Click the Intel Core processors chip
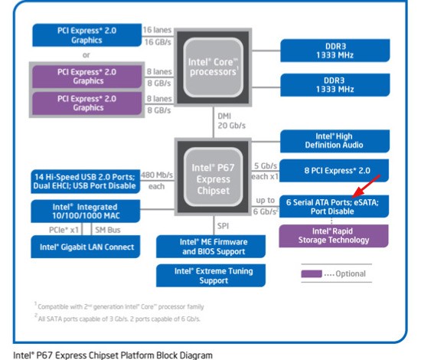pos(214,67)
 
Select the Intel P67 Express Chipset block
pos(214,177)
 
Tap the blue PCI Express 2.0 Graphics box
pos(87,35)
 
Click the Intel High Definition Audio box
pos(335,141)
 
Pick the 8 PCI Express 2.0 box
pos(334,171)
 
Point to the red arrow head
pos(357,195)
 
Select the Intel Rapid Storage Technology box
pos(334,236)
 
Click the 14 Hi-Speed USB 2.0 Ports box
pos(86,182)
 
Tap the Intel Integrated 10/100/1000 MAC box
pos(86,211)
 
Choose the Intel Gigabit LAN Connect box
pos(86,247)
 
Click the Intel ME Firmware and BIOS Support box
pos(210,247)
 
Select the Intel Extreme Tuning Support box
pos(210,276)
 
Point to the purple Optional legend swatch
pos(312,273)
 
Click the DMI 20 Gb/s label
pos(231,121)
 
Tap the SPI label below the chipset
pos(223,226)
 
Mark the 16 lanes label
pos(157,30)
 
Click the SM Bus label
pos(108,230)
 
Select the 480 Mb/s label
pos(157,175)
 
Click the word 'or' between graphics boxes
pos(86,55)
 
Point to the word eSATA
pos(366,202)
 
